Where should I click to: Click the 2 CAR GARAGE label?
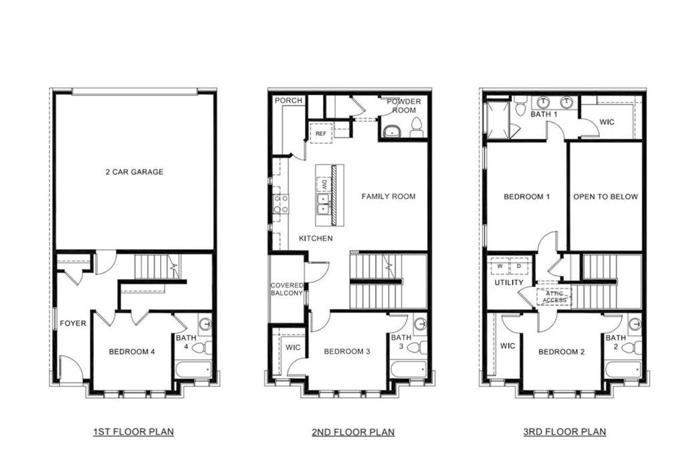(x=134, y=172)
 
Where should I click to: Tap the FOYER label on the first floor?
(x=73, y=323)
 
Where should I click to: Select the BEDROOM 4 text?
(x=132, y=352)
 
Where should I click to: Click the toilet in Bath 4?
(x=200, y=348)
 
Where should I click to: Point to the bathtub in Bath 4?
(x=194, y=369)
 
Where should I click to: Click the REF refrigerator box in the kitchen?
(x=321, y=133)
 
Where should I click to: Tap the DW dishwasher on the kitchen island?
(x=323, y=185)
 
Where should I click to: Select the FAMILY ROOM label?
(x=388, y=196)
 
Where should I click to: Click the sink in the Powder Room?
(x=393, y=130)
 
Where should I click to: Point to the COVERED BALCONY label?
(x=287, y=289)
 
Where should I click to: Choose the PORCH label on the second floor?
(x=288, y=100)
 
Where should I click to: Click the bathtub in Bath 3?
(x=408, y=369)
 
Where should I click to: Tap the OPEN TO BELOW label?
(x=605, y=196)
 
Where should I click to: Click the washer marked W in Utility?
(x=500, y=265)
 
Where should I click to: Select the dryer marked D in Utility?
(x=518, y=265)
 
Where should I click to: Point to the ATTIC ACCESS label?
(x=554, y=297)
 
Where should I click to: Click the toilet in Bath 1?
(x=520, y=108)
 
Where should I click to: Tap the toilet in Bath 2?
(x=629, y=348)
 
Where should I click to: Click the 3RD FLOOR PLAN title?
(x=565, y=431)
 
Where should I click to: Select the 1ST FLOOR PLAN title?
(x=133, y=431)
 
